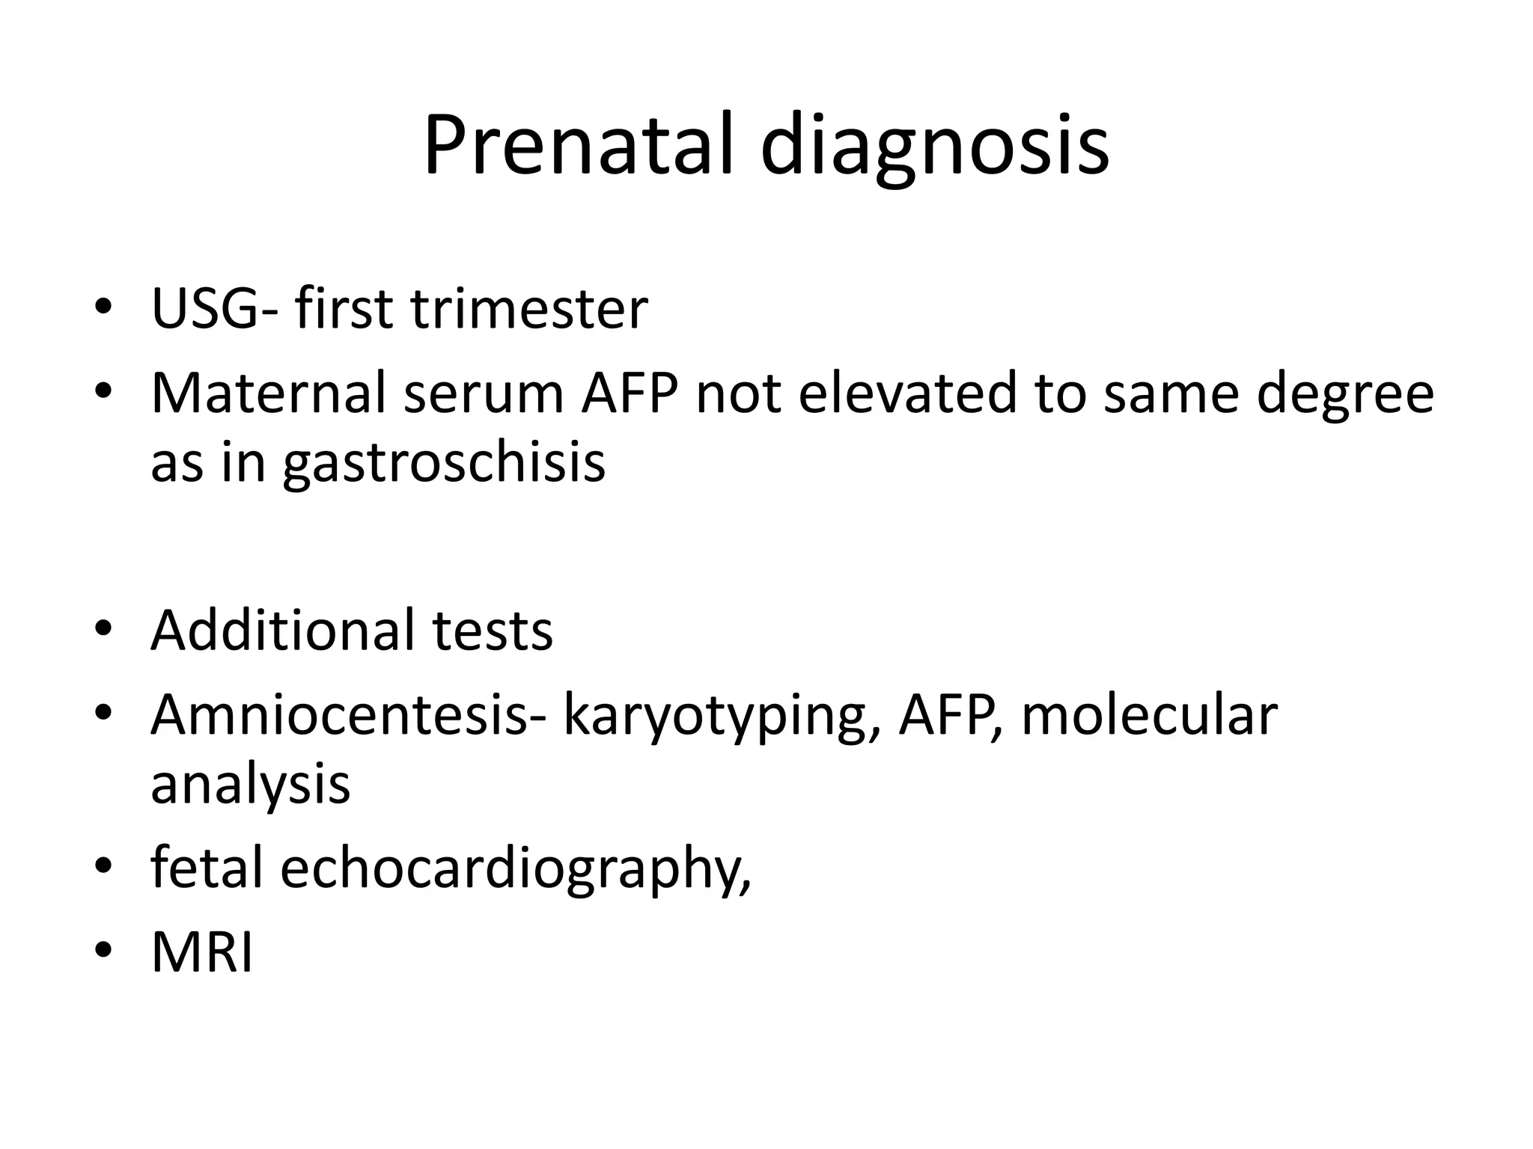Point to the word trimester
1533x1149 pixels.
[528, 308]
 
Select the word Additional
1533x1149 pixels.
[281, 631]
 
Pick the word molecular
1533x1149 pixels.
[1149, 716]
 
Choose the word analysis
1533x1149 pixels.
[250, 785]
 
